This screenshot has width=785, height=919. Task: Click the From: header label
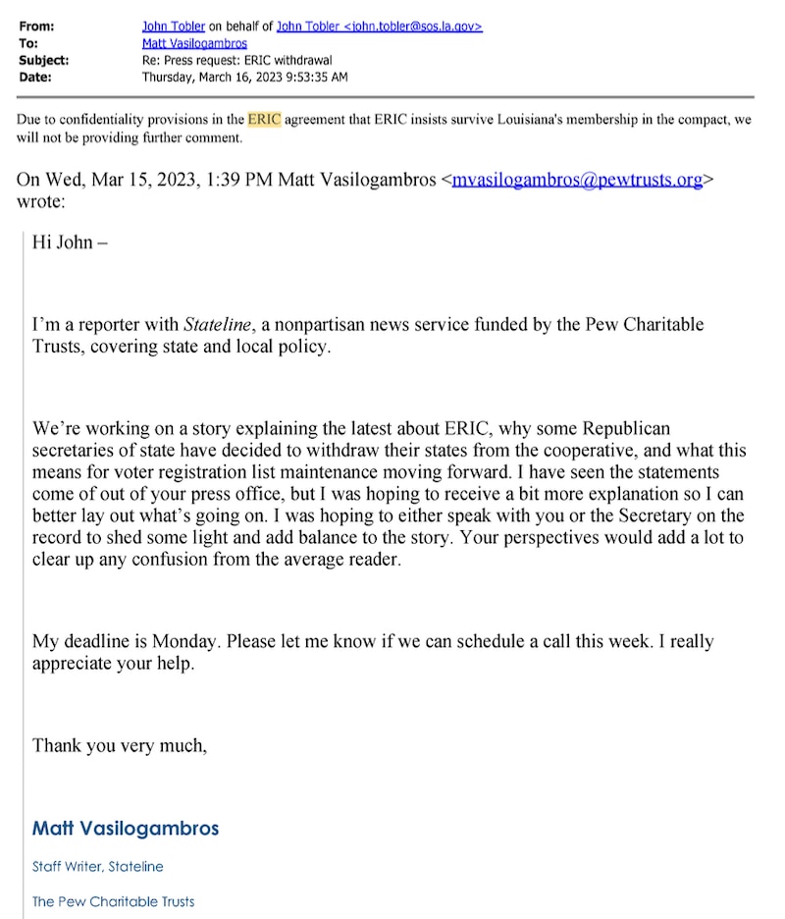point(36,27)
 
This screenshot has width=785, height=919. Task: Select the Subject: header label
point(43,60)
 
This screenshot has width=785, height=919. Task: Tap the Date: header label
point(34,77)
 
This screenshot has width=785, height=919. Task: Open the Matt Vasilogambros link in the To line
point(194,43)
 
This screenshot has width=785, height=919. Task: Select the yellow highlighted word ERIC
point(264,120)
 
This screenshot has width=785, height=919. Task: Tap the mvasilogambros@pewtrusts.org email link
point(577,180)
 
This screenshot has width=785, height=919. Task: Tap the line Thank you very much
point(120,745)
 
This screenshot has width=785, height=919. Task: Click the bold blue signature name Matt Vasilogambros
point(126,828)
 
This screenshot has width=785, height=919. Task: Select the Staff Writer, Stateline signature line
point(98,867)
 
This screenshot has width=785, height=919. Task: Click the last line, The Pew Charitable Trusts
point(114,901)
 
